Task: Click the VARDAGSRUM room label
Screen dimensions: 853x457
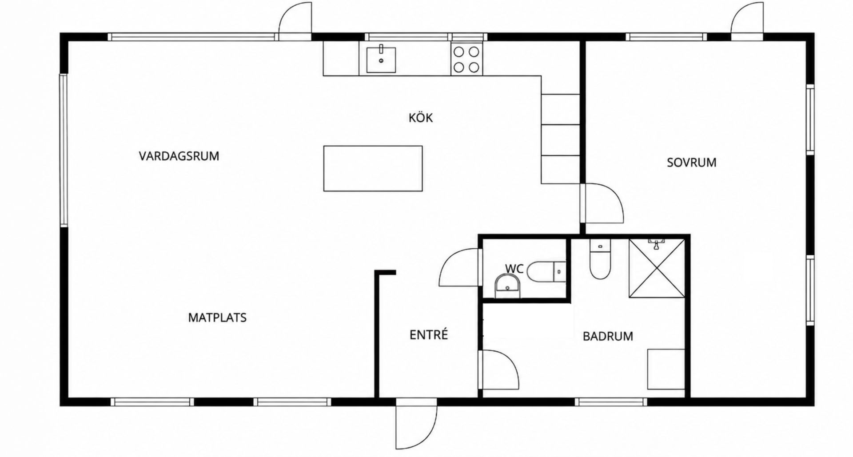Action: point(179,156)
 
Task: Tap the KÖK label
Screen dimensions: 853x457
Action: point(421,118)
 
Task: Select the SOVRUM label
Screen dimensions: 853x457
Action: point(692,163)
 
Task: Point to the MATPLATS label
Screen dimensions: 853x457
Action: point(217,318)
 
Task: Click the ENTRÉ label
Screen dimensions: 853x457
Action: point(429,335)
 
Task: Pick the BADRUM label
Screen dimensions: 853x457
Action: point(608,336)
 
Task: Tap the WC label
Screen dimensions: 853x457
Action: point(514,269)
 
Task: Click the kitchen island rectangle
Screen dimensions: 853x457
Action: point(373,168)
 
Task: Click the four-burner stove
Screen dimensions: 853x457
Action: point(467,59)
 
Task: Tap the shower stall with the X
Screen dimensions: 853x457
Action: point(657,268)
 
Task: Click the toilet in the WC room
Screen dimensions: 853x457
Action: point(546,271)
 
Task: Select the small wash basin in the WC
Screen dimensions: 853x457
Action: point(507,286)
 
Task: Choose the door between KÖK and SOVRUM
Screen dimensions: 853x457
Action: point(602,203)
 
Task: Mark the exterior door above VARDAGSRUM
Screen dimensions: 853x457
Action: point(295,20)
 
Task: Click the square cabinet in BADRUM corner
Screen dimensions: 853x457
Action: point(666,369)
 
